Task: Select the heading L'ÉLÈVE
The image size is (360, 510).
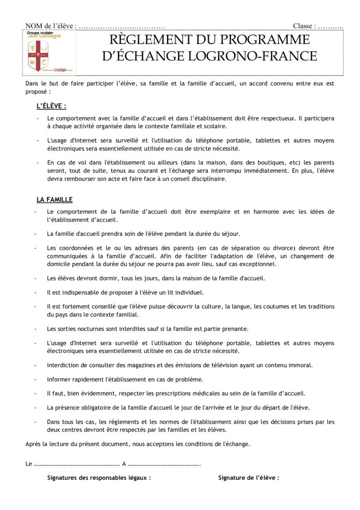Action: [52, 107]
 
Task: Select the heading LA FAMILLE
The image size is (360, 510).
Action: [54, 199]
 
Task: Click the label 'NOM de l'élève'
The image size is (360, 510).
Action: [51, 26]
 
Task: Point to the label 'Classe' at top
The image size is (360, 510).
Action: [304, 26]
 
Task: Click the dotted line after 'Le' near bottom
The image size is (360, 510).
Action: [76, 464]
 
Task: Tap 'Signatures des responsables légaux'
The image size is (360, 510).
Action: [99, 478]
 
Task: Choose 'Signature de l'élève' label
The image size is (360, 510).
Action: [248, 478]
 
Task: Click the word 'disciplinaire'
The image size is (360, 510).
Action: [209, 178]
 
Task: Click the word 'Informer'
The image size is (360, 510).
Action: [59, 379]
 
